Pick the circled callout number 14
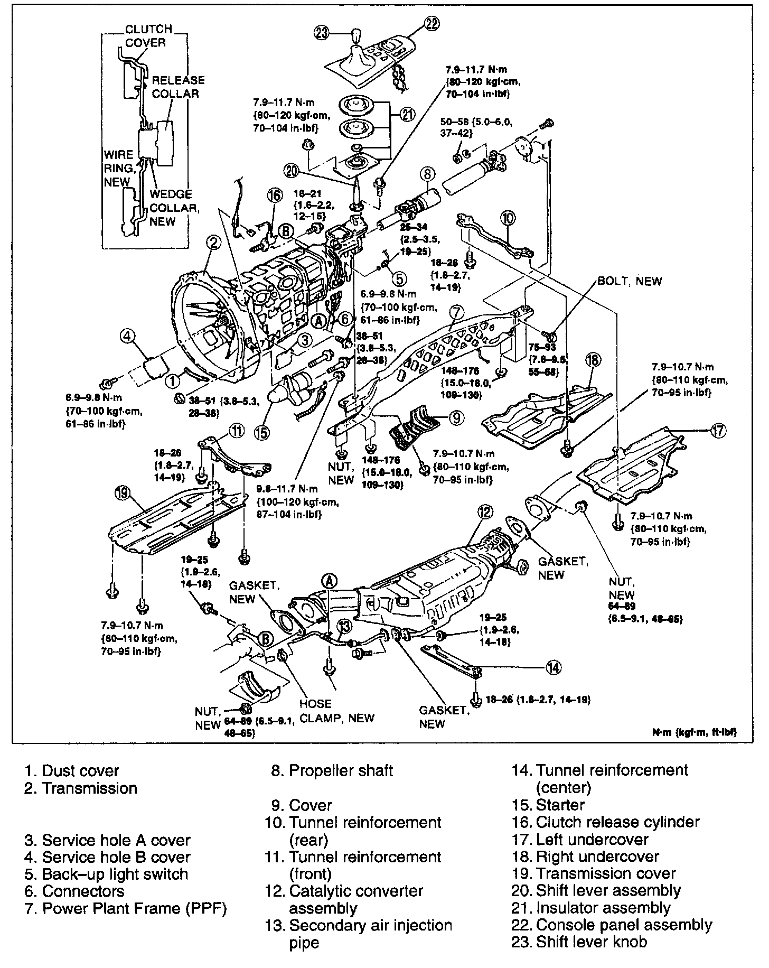553,668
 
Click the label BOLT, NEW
629,281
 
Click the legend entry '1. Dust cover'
72,771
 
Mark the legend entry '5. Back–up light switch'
106,874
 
